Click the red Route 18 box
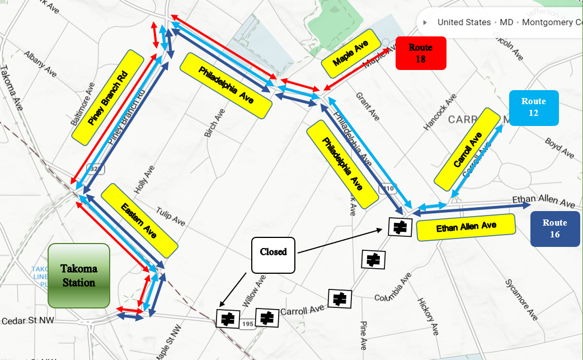pos(421,53)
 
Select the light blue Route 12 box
pos(534,107)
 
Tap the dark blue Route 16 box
pos(554,229)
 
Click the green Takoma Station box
pos(79,275)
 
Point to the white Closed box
pos(273,255)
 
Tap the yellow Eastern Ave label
pos(139,220)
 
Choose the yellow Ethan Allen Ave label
pos(467,227)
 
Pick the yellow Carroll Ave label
pos(467,149)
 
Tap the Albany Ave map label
pos(40,63)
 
